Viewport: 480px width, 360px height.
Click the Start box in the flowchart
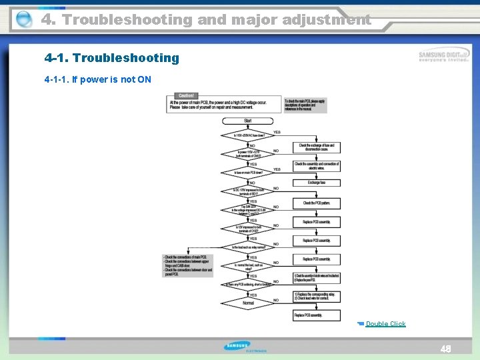click(247, 121)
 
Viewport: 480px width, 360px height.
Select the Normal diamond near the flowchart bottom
click(247, 303)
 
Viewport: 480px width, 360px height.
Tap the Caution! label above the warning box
click(186, 96)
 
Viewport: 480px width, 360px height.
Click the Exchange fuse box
click(317, 183)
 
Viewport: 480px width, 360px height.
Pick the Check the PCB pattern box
click(317, 203)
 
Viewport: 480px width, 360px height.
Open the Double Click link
click(385, 324)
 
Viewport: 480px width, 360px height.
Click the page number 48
click(446, 349)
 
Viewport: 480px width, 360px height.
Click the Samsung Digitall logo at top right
click(443, 56)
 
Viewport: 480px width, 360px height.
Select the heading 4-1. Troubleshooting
click(112, 58)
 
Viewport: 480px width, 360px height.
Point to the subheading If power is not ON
click(98, 80)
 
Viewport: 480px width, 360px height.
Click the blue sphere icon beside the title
click(23, 20)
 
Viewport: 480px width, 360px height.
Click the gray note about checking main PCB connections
click(187, 265)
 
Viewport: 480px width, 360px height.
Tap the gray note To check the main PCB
click(305, 105)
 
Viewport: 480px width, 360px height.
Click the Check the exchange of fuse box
click(317, 147)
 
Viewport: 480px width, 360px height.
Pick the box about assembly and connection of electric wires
click(317, 165)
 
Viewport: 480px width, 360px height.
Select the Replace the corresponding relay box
click(317, 297)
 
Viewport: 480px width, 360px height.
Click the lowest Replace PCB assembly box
click(317, 315)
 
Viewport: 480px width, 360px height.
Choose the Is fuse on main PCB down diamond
click(247, 173)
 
